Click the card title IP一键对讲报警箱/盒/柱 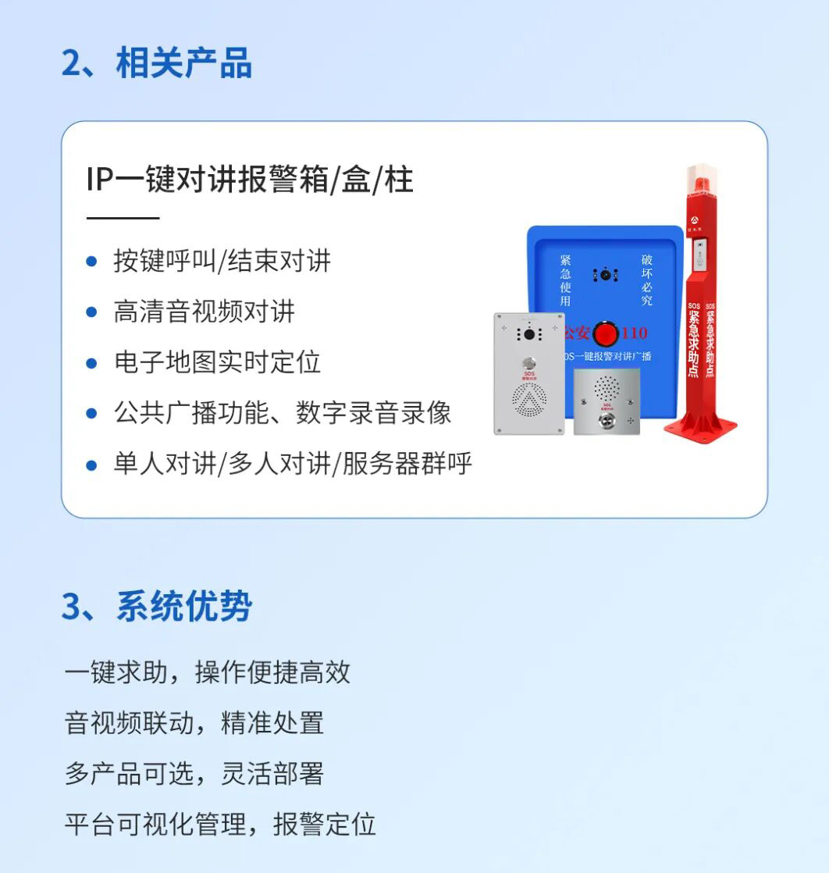(250, 180)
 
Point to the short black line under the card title (123, 219)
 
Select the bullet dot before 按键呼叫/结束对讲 (92, 261)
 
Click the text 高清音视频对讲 (204, 312)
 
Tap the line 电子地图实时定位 (217, 362)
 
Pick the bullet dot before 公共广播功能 (92, 414)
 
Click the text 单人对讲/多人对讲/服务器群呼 (293, 464)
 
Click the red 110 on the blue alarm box (634, 333)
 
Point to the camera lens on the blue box (605, 275)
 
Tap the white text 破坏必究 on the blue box (646, 280)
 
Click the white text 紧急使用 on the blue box (565, 280)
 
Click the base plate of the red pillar (701, 426)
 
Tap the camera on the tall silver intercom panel (528, 333)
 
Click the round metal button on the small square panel (607, 419)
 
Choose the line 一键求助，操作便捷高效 (207, 672)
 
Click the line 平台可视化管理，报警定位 (219, 824)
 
